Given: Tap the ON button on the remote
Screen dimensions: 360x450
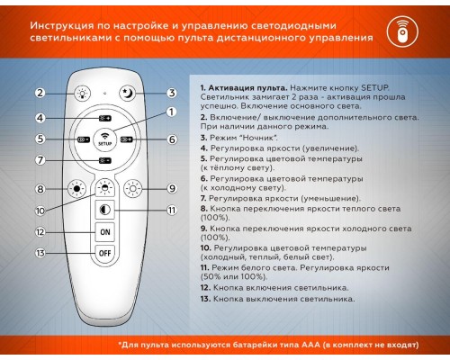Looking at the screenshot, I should pos(105,230).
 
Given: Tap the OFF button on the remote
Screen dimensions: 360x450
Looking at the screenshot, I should pos(105,254).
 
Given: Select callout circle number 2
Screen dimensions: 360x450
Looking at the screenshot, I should pos(40,93).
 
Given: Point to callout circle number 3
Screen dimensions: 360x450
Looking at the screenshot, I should pos(171,93).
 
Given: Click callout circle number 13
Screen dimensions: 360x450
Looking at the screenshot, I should pos(40,254).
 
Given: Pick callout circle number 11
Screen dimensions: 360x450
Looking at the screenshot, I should pos(171,210).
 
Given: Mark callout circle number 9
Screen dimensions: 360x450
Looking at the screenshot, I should pos(171,188).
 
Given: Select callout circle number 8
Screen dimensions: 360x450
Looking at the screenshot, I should pos(40,188).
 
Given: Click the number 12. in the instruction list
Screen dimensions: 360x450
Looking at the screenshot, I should pos(205,287).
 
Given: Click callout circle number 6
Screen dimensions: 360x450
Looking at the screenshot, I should pos(171,139).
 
